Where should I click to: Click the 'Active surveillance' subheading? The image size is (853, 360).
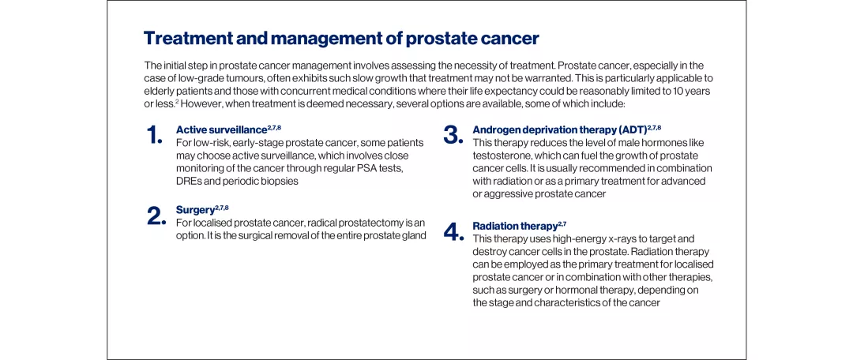[x=221, y=129]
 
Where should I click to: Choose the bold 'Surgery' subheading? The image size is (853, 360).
[x=194, y=210]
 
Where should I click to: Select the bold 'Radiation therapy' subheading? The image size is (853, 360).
[x=514, y=226]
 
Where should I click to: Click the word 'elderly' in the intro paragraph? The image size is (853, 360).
[x=160, y=92]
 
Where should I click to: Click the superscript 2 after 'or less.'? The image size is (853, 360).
[x=178, y=102]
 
